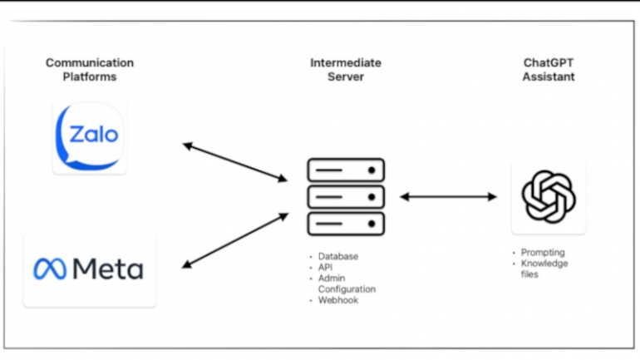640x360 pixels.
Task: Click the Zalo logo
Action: [x=90, y=137]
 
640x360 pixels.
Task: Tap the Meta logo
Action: [x=89, y=269]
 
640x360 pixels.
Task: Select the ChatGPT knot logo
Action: [x=549, y=197]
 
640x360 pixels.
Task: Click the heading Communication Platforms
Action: [x=90, y=69]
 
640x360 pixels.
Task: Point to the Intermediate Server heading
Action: [x=346, y=69]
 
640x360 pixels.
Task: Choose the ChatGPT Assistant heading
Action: [x=549, y=69]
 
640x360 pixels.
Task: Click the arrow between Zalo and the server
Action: [x=235, y=162]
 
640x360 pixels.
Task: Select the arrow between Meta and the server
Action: [x=235, y=241]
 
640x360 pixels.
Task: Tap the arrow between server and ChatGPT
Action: [x=449, y=197]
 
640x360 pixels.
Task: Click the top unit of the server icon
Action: [x=346, y=170]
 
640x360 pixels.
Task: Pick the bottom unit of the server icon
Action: [x=346, y=224]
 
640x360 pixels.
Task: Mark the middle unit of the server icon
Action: [x=346, y=197]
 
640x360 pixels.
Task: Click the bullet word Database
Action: [x=338, y=256]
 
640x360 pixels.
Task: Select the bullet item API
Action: [x=325, y=268]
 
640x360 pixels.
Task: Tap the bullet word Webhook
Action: [x=338, y=300]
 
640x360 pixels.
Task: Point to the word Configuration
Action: [x=347, y=289]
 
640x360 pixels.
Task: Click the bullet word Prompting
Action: [x=543, y=253]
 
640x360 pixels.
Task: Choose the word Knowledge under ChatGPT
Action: [x=544, y=264]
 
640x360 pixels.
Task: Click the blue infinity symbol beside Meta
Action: [x=50, y=269]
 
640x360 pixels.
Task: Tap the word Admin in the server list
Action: [x=332, y=279]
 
